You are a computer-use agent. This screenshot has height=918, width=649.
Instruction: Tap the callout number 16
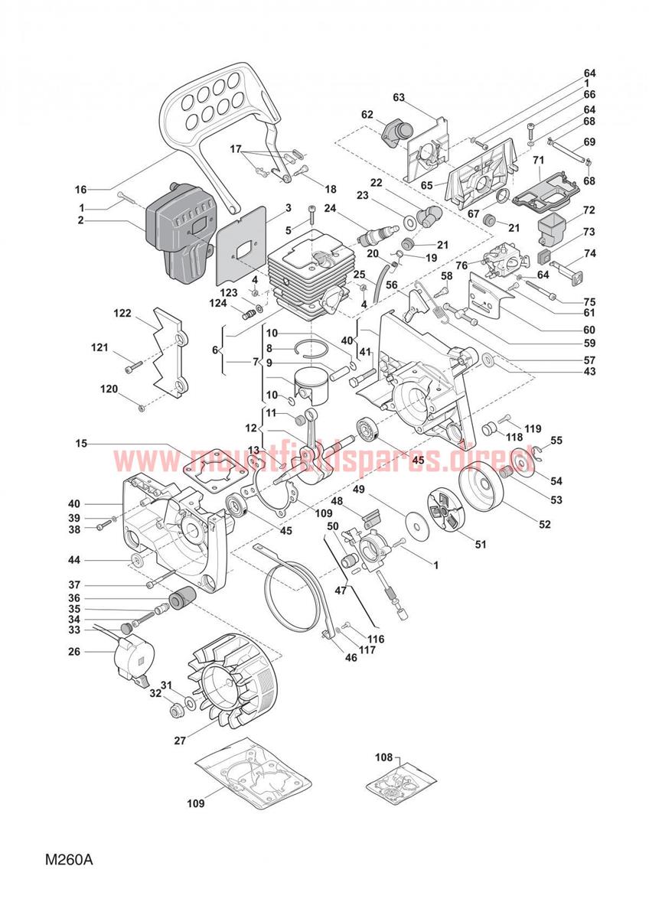pos(81,190)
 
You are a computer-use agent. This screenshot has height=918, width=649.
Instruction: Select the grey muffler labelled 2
pos(179,234)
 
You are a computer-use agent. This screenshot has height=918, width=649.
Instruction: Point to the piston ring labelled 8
pos(311,348)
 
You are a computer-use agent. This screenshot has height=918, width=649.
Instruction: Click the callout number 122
pos(122,313)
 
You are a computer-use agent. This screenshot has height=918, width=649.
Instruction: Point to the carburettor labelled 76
pos(501,262)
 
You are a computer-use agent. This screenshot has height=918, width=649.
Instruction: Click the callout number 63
pos(399,98)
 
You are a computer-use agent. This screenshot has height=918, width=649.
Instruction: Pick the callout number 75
pos(589,302)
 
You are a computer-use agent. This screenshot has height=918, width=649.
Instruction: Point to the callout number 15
pos(81,444)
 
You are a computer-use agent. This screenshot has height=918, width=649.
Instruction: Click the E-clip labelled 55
pos(536,454)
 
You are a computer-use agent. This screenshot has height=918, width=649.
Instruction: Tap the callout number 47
pos(341,591)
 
